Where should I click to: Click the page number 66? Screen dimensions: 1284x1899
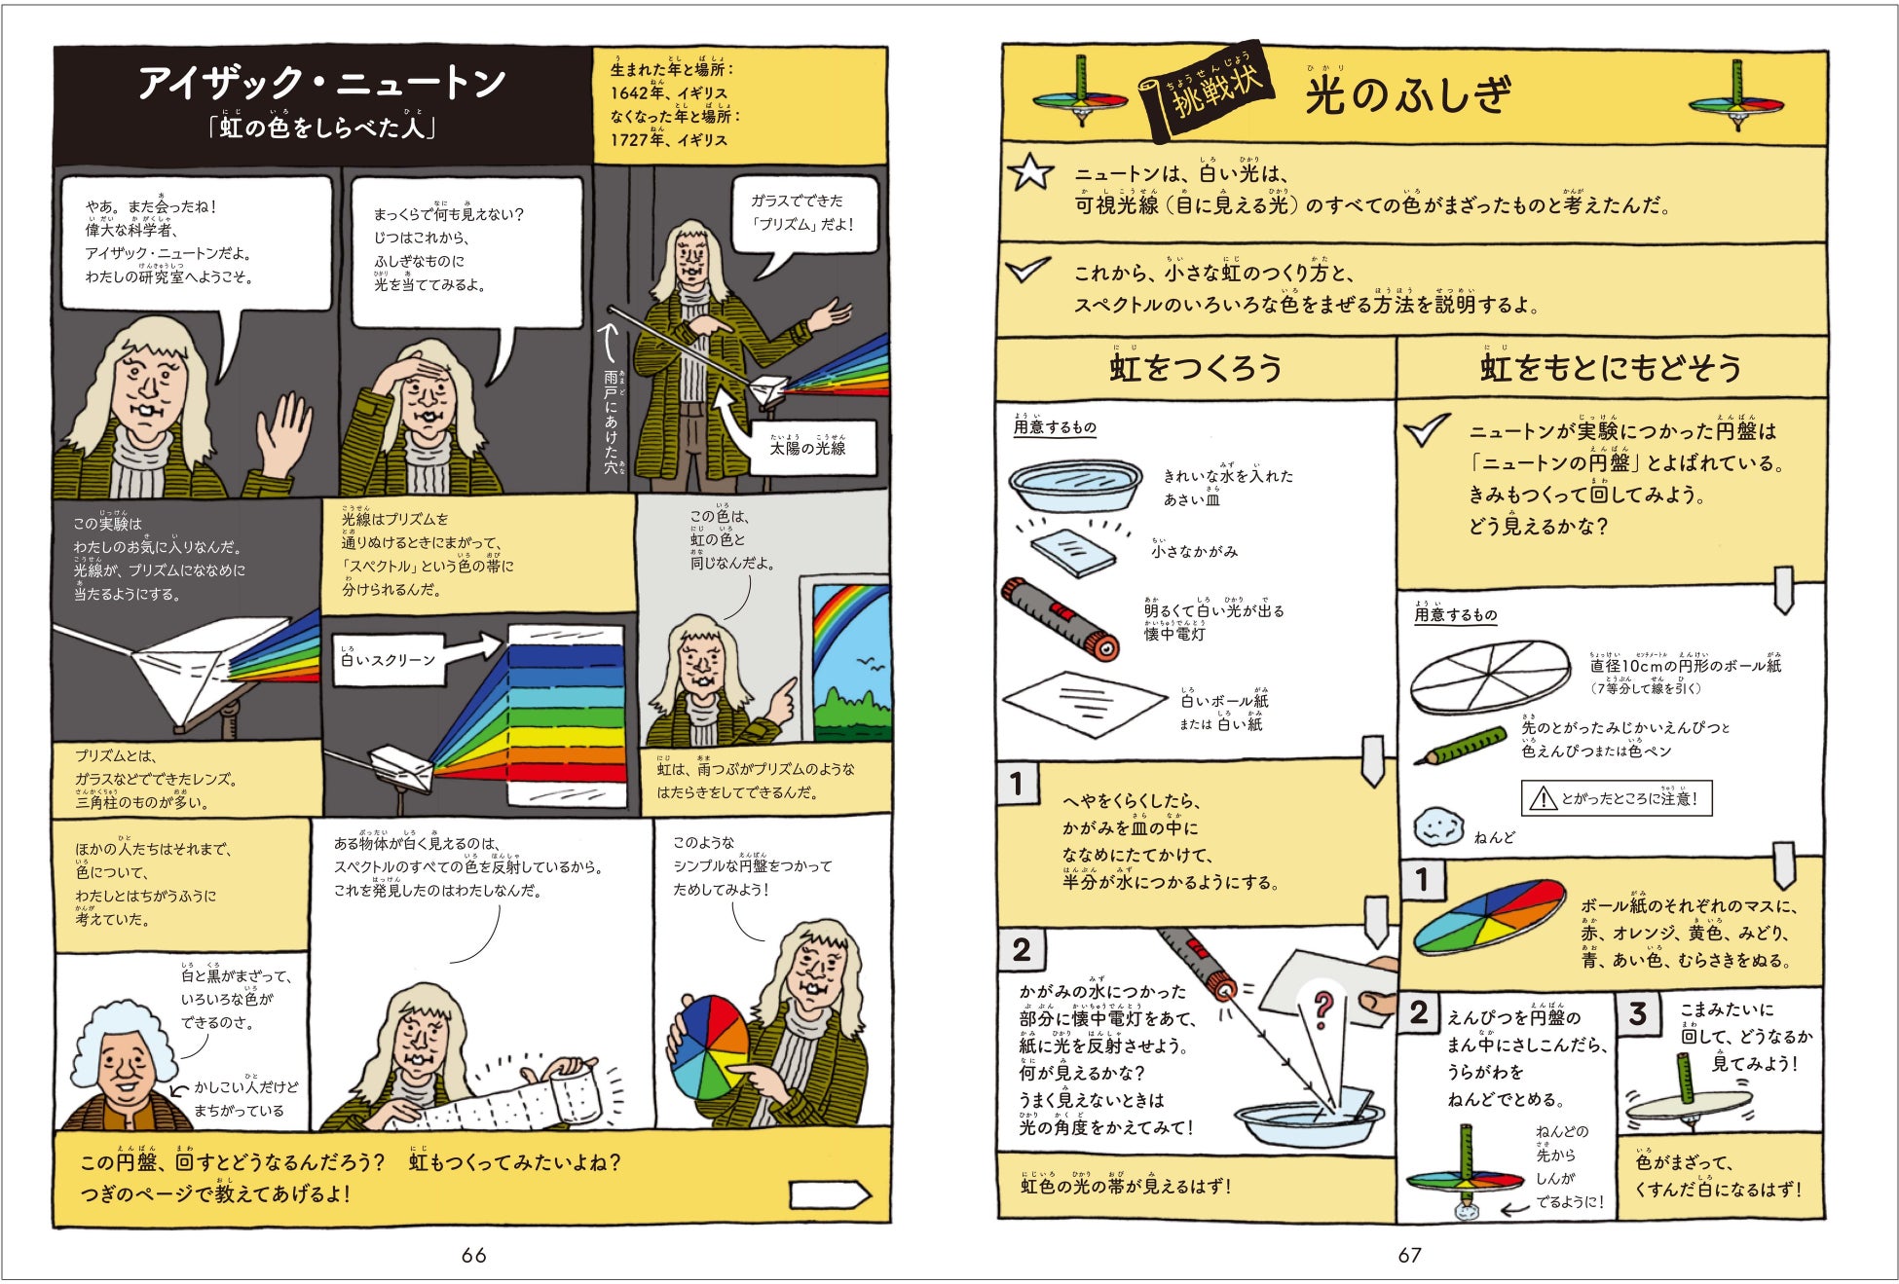(x=473, y=1255)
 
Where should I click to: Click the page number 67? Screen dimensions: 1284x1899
(x=1409, y=1255)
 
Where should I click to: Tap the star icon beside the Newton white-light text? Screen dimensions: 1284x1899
(x=1030, y=172)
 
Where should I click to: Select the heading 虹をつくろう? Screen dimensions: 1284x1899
(x=1195, y=368)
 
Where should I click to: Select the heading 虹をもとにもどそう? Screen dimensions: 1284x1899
(x=1610, y=368)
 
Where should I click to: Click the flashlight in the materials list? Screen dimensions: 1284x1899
(x=1060, y=619)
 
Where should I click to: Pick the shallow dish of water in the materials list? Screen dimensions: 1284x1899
(x=1075, y=485)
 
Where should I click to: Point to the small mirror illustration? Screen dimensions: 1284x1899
(x=1073, y=552)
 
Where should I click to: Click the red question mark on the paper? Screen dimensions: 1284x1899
(x=1322, y=1009)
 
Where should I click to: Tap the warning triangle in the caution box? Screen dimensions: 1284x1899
(x=1543, y=799)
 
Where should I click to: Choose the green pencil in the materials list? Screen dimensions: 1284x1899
(x=1466, y=747)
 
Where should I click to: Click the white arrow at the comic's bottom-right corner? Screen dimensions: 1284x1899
(x=829, y=1194)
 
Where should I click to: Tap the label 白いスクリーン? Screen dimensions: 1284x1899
(x=388, y=660)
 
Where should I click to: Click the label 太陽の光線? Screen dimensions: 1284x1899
(x=807, y=448)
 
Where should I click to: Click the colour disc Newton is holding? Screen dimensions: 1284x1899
(x=711, y=1046)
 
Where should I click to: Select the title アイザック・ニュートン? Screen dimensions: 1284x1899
(x=321, y=84)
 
